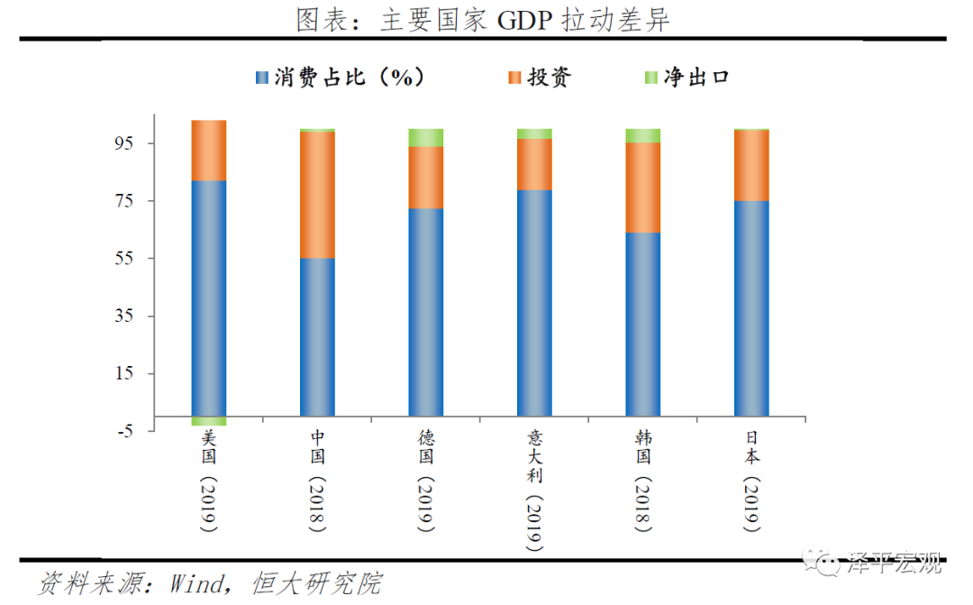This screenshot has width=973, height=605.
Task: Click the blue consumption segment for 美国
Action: [x=209, y=298]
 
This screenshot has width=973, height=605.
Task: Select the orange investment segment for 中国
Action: [x=317, y=195]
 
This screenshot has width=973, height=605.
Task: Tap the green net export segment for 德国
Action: [x=425, y=137]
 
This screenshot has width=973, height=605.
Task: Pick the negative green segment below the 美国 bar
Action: [x=209, y=421]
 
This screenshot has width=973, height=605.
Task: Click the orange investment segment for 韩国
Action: [x=642, y=188]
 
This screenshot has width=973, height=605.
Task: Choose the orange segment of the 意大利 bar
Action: [x=534, y=164]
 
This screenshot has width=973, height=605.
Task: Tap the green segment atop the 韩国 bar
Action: [x=642, y=135]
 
